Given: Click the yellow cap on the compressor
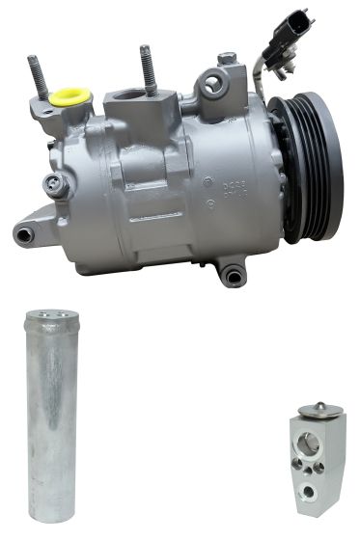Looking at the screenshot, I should pyautogui.click(x=70, y=96).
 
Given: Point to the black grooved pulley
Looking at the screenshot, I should pyautogui.click(x=307, y=168).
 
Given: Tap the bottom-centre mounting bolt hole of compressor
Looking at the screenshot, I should pyautogui.click(x=232, y=278).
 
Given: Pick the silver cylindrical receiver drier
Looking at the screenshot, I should pyautogui.click(x=50, y=415).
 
